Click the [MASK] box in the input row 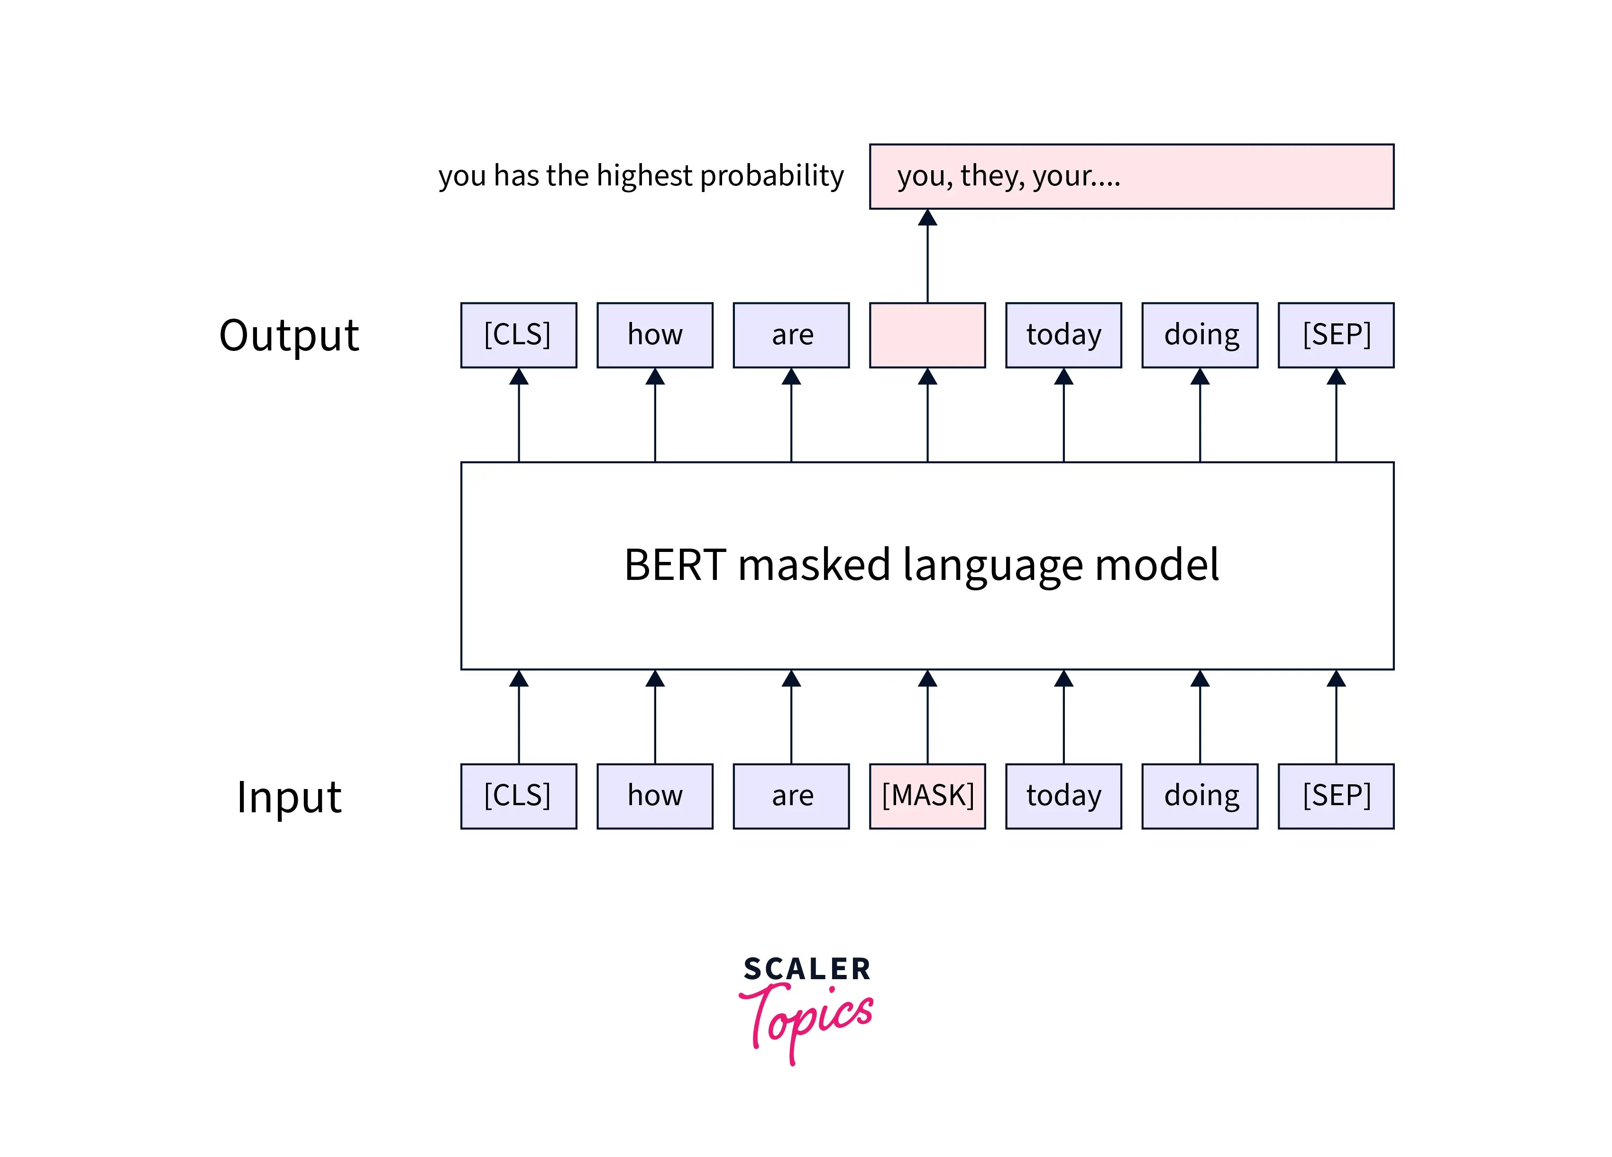coord(927,796)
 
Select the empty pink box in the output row coord(927,335)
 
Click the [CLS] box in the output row coord(518,335)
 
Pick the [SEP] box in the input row coord(1336,796)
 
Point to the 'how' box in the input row coord(655,796)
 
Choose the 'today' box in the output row coord(1063,335)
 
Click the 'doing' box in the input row coord(1200,796)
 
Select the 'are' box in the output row coord(791,335)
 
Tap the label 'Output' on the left coord(289,335)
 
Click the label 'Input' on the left coord(289,797)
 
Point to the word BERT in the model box coord(675,565)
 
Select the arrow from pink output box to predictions coord(927,256)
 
